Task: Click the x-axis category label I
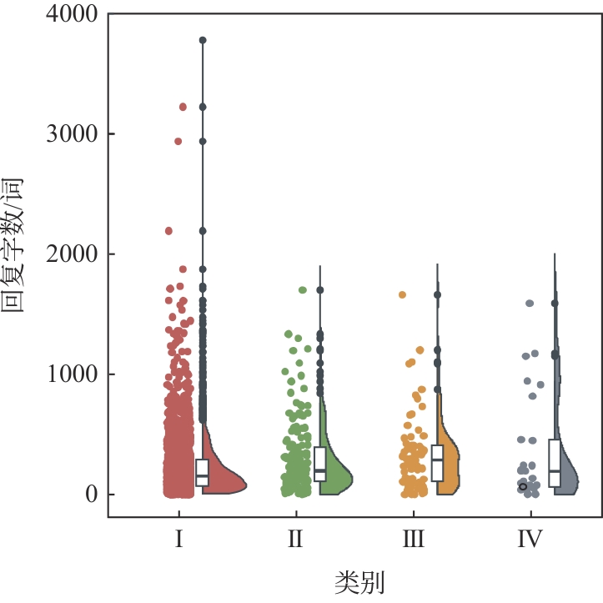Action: (178, 540)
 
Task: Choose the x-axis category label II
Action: (295, 540)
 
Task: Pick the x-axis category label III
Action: (413, 540)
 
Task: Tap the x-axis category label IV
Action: (530, 540)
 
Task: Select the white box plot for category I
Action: (202, 472)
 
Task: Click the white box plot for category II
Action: (320, 465)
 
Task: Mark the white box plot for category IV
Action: (555, 463)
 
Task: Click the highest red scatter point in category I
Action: (183, 107)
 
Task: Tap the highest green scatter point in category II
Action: (303, 290)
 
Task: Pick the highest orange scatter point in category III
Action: (402, 294)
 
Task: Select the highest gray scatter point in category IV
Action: (530, 304)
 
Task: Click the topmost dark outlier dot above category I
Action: (203, 40)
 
